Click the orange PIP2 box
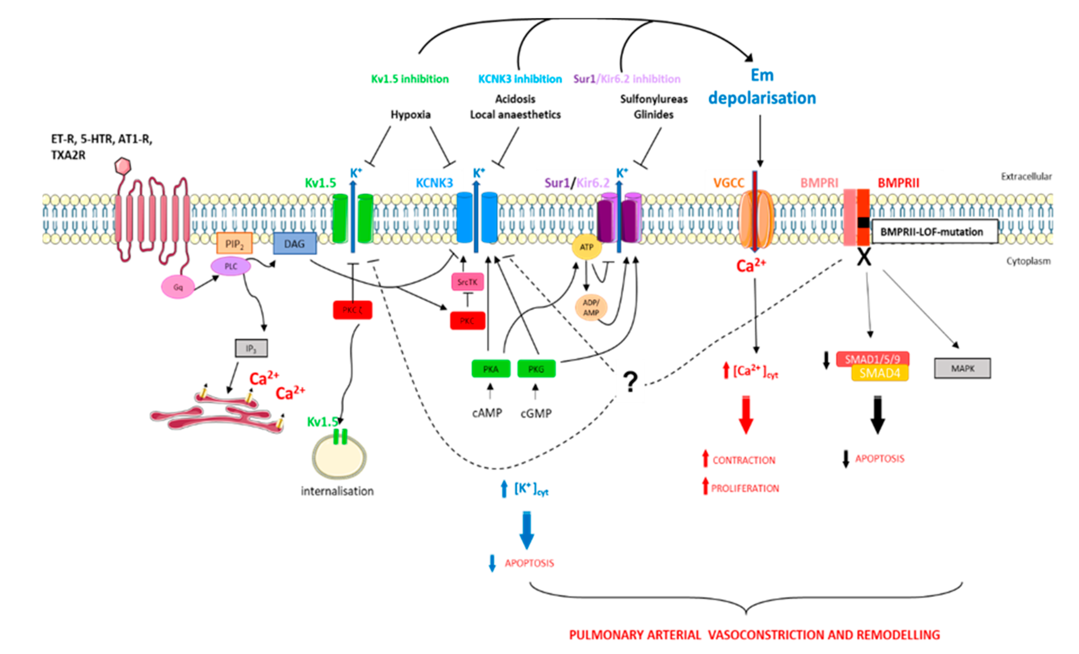pos(234,244)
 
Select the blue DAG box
pos(295,244)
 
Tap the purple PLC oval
pos(231,266)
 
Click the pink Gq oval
pos(178,287)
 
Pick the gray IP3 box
pos(251,348)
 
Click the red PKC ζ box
pos(352,310)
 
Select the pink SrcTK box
pos(467,282)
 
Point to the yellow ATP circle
pos(586,247)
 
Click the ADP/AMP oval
pos(591,308)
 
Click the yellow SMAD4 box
pos(879,374)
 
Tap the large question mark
pos(630,382)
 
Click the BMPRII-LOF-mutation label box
pos(935,232)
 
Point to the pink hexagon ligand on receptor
pos(123,166)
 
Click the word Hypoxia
pos(410,115)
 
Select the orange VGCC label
pos(729,183)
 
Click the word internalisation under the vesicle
pos(337,491)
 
